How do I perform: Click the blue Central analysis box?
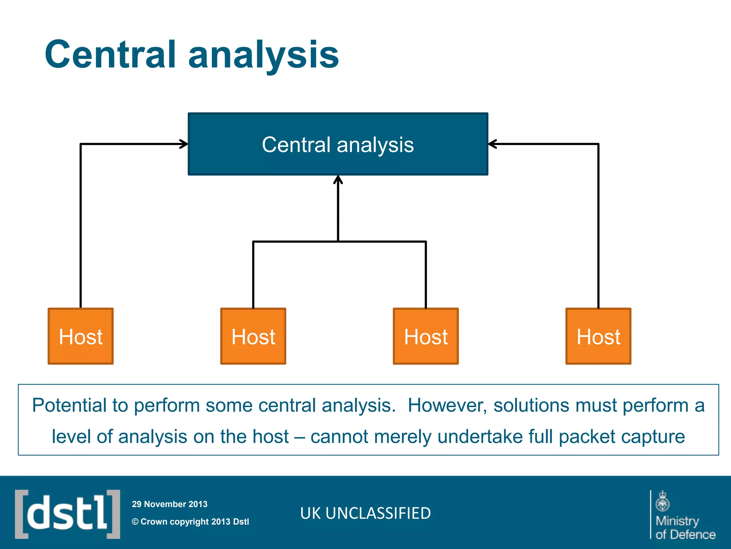pos(338,144)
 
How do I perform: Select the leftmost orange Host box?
pos(81,336)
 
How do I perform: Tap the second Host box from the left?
pos(253,336)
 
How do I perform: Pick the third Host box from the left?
pos(425,336)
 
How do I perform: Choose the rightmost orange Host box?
pos(598,336)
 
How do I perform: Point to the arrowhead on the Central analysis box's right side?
pos(492,144)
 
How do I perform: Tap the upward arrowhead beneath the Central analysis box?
pos(338,179)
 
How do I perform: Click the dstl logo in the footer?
pos(67,514)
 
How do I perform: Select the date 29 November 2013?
pos(170,504)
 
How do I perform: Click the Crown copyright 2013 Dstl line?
pos(190,521)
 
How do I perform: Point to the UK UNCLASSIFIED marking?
pos(365,513)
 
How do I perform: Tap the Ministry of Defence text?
pos(685,528)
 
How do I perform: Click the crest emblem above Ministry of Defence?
pos(662,501)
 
